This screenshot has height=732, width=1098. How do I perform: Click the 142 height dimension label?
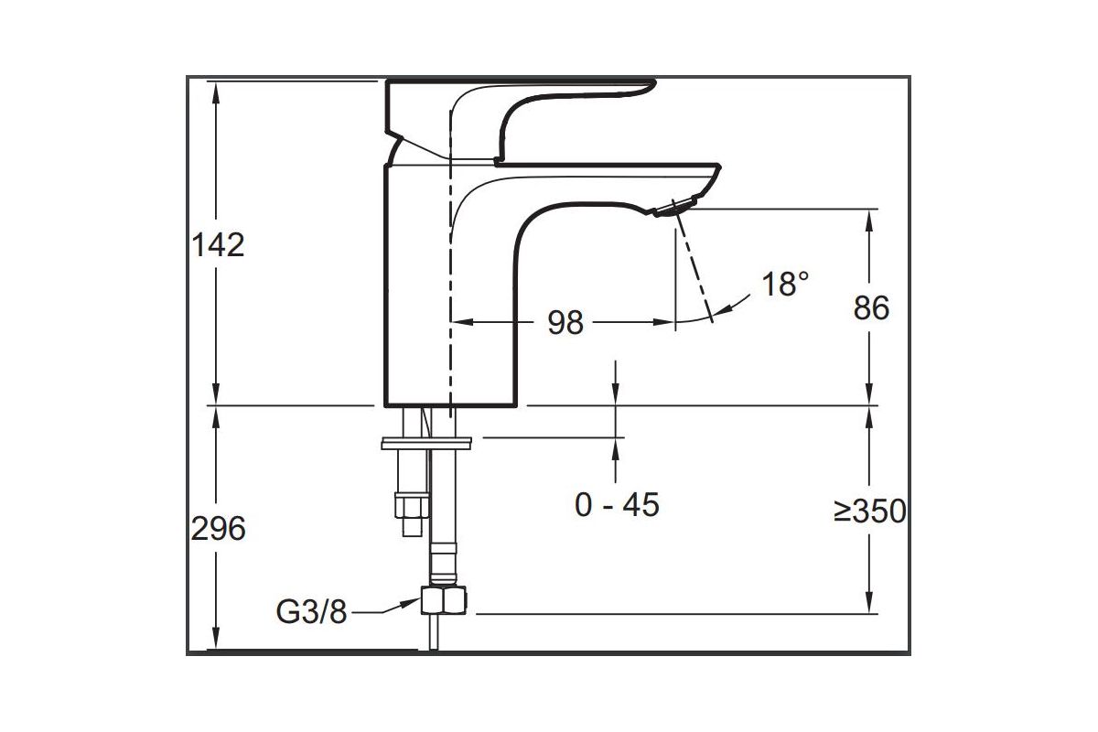(x=219, y=244)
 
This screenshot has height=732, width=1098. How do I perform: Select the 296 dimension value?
(x=219, y=528)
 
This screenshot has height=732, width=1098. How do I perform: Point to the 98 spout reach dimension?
(x=565, y=322)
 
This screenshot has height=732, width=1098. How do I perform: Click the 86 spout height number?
(x=871, y=308)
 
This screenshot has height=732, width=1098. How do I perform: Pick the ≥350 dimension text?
(x=870, y=511)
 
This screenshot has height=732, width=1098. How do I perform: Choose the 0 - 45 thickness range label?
(x=617, y=504)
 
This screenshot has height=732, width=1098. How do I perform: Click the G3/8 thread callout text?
(x=312, y=611)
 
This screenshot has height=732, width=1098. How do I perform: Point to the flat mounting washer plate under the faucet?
(x=426, y=446)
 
